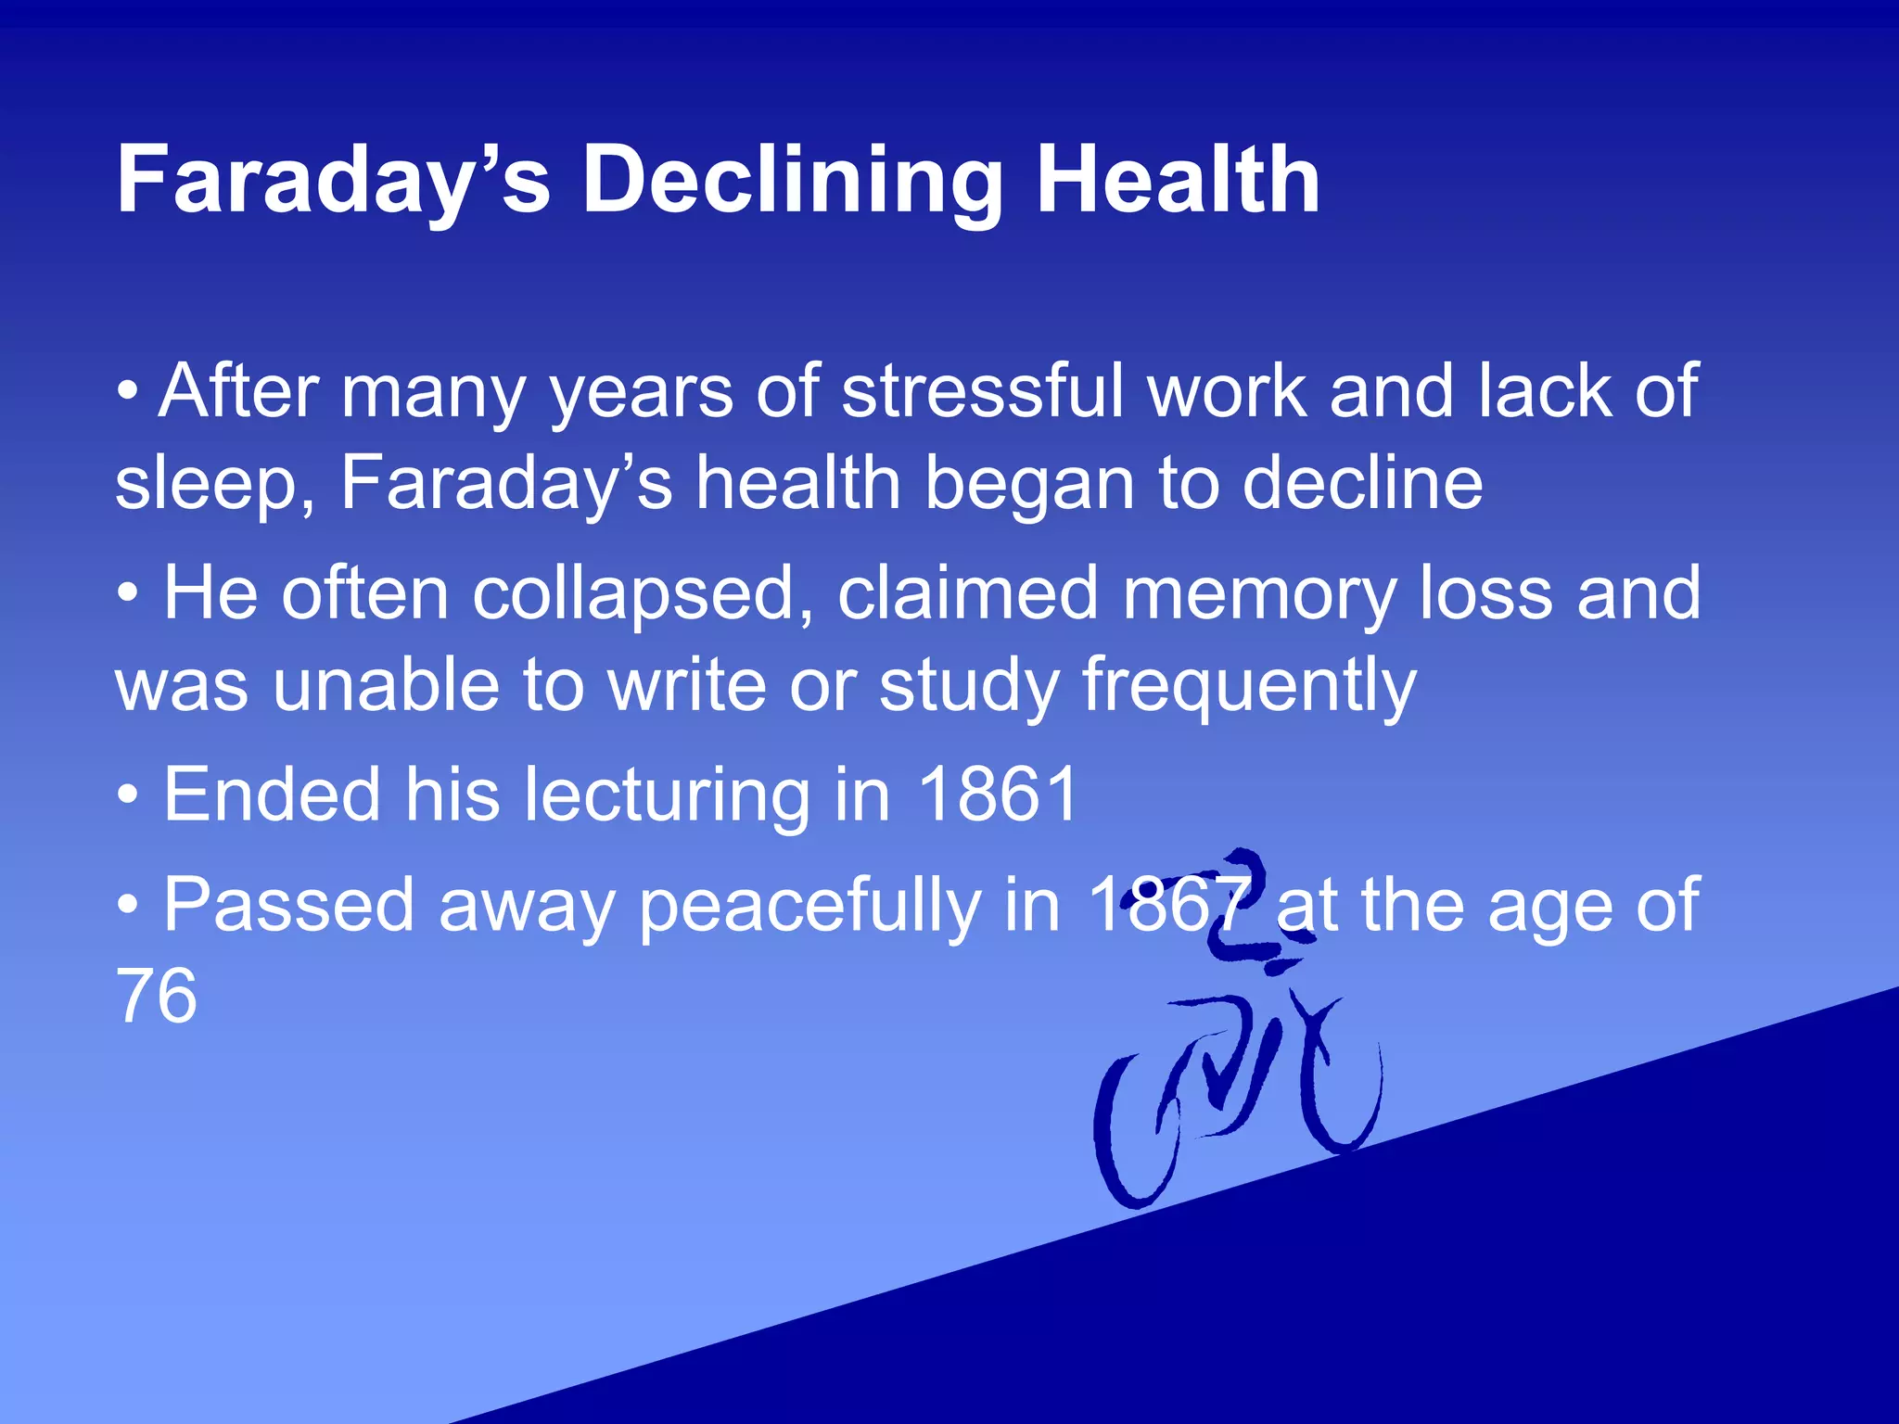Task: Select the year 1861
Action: [x=998, y=795]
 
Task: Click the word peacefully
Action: [x=810, y=906]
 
